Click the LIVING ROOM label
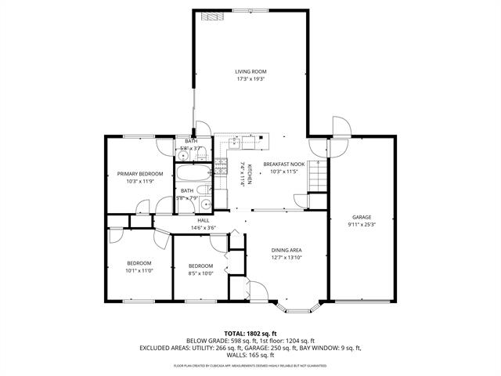251,71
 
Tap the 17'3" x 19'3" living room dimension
251,79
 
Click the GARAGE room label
361,217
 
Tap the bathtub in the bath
192,173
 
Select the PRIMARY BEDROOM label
140,173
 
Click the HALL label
203,220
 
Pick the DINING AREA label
287,250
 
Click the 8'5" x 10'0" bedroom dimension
200,273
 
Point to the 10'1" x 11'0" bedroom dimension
139,270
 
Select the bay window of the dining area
299,302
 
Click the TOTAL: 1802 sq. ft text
250,333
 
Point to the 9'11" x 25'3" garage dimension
361,225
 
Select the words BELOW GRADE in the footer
207,341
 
